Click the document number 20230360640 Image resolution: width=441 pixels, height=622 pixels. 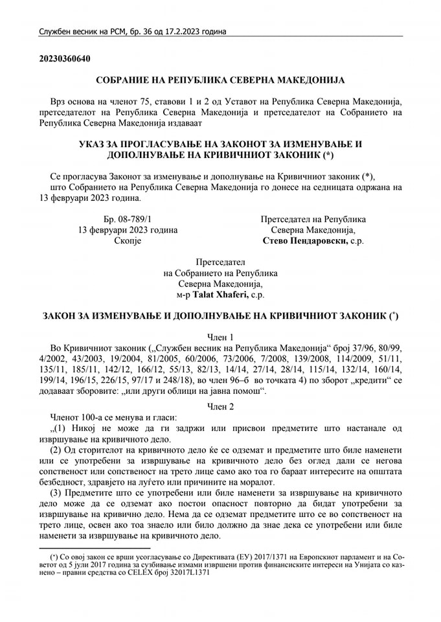(64, 59)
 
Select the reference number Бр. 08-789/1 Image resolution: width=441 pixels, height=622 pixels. (128, 219)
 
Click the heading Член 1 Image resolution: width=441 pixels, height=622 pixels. (220, 337)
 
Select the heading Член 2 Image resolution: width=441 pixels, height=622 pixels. (220, 405)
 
